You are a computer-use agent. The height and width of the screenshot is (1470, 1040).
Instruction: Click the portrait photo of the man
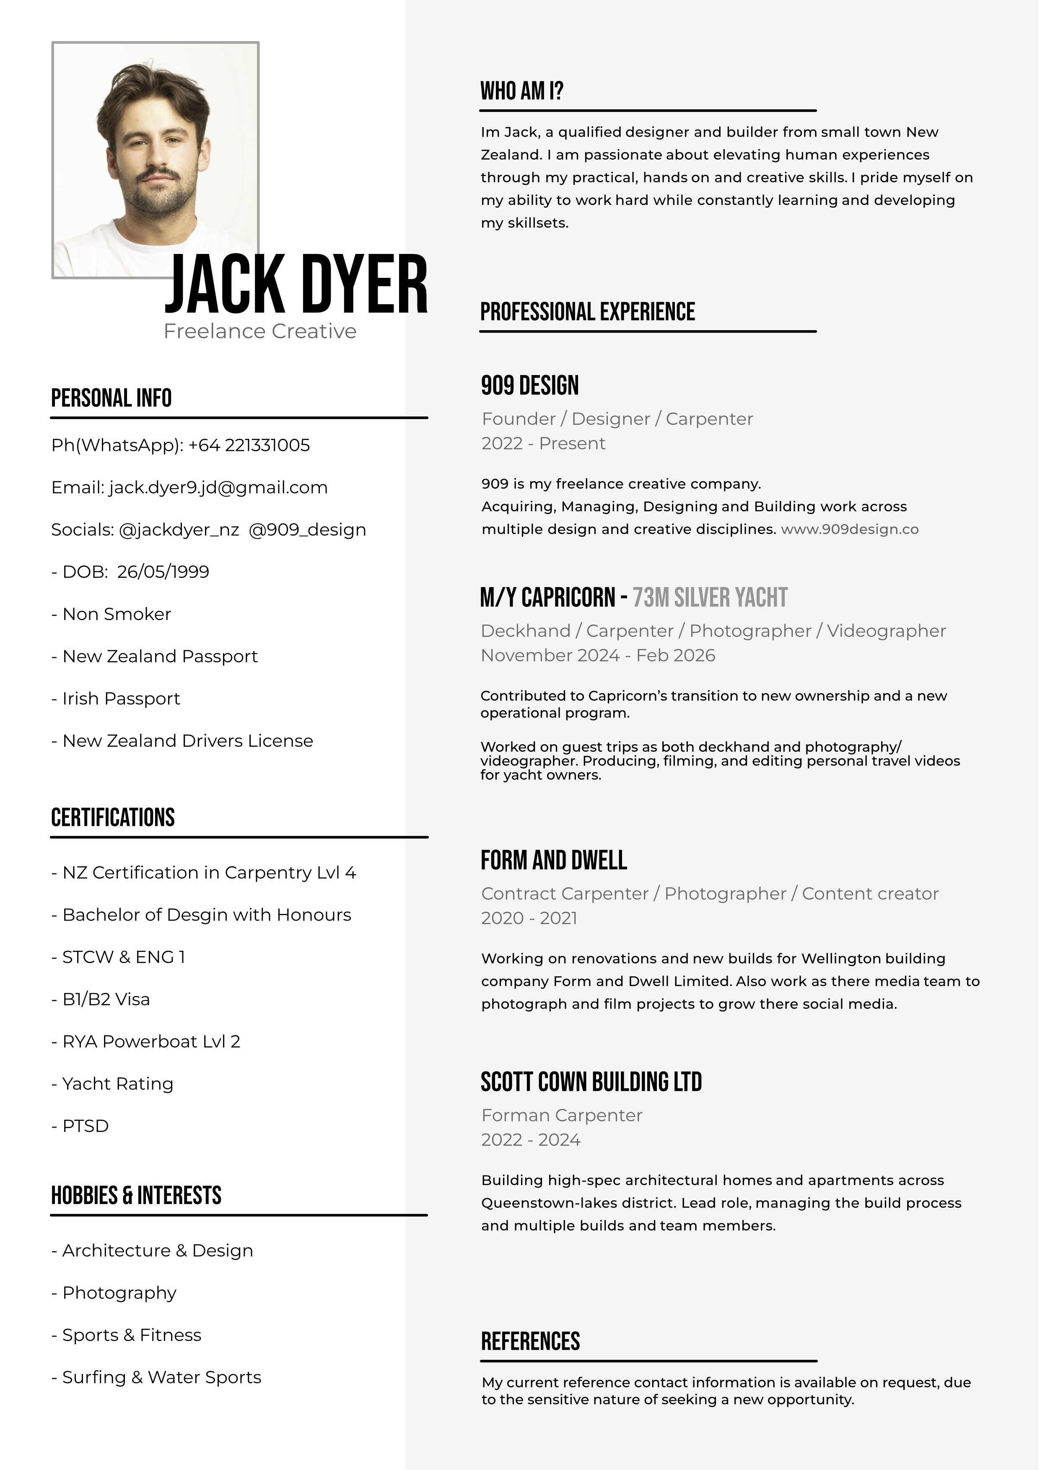(x=155, y=160)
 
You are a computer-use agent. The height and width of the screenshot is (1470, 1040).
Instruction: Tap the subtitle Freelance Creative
(x=260, y=331)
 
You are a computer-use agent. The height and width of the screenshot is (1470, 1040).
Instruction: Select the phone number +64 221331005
(x=249, y=445)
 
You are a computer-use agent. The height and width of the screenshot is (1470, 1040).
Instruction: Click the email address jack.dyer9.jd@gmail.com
(x=218, y=488)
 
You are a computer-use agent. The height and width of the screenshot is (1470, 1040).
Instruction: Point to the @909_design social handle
(x=307, y=530)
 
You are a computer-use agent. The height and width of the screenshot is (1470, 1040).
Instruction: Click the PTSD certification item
(x=85, y=1126)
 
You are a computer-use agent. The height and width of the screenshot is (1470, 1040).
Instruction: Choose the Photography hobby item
(x=119, y=1293)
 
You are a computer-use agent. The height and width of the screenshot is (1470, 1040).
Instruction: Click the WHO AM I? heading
(x=521, y=91)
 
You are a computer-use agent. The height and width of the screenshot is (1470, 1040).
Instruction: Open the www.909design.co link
(x=849, y=530)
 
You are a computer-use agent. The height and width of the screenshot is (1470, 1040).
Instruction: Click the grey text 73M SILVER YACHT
(x=710, y=598)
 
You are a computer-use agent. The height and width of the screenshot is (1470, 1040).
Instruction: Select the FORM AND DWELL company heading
(x=553, y=860)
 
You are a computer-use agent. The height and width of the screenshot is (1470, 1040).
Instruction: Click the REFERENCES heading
(x=530, y=1341)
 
